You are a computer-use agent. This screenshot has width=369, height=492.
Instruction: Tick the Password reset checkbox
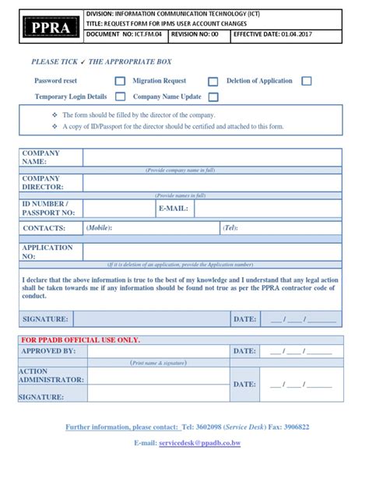click(x=120, y=81)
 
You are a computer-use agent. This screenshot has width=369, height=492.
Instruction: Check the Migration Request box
click(x=213, y=81)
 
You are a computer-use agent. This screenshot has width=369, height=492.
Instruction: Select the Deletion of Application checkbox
click(x=307, y=81)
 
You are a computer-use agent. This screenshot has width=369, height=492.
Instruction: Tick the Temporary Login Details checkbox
click(x=120, y=97)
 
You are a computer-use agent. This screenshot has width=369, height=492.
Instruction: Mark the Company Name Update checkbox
click(x=213, y=97)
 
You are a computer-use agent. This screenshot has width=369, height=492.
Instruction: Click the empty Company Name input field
click(x=212, y=158)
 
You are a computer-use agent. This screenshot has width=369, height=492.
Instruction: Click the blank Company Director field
click(x=212, y=183)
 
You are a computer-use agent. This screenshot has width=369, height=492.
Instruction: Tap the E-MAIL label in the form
click(x=174, y=209)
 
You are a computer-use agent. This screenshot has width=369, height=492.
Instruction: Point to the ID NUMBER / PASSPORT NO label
click(x=48, y=208)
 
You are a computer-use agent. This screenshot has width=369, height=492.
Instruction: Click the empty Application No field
click(x=212, y=251)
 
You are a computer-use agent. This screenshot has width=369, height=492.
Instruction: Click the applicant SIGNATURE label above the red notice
click(x=45, y=319)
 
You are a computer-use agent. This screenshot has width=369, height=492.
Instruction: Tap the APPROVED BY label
click(x=48, y=352)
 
